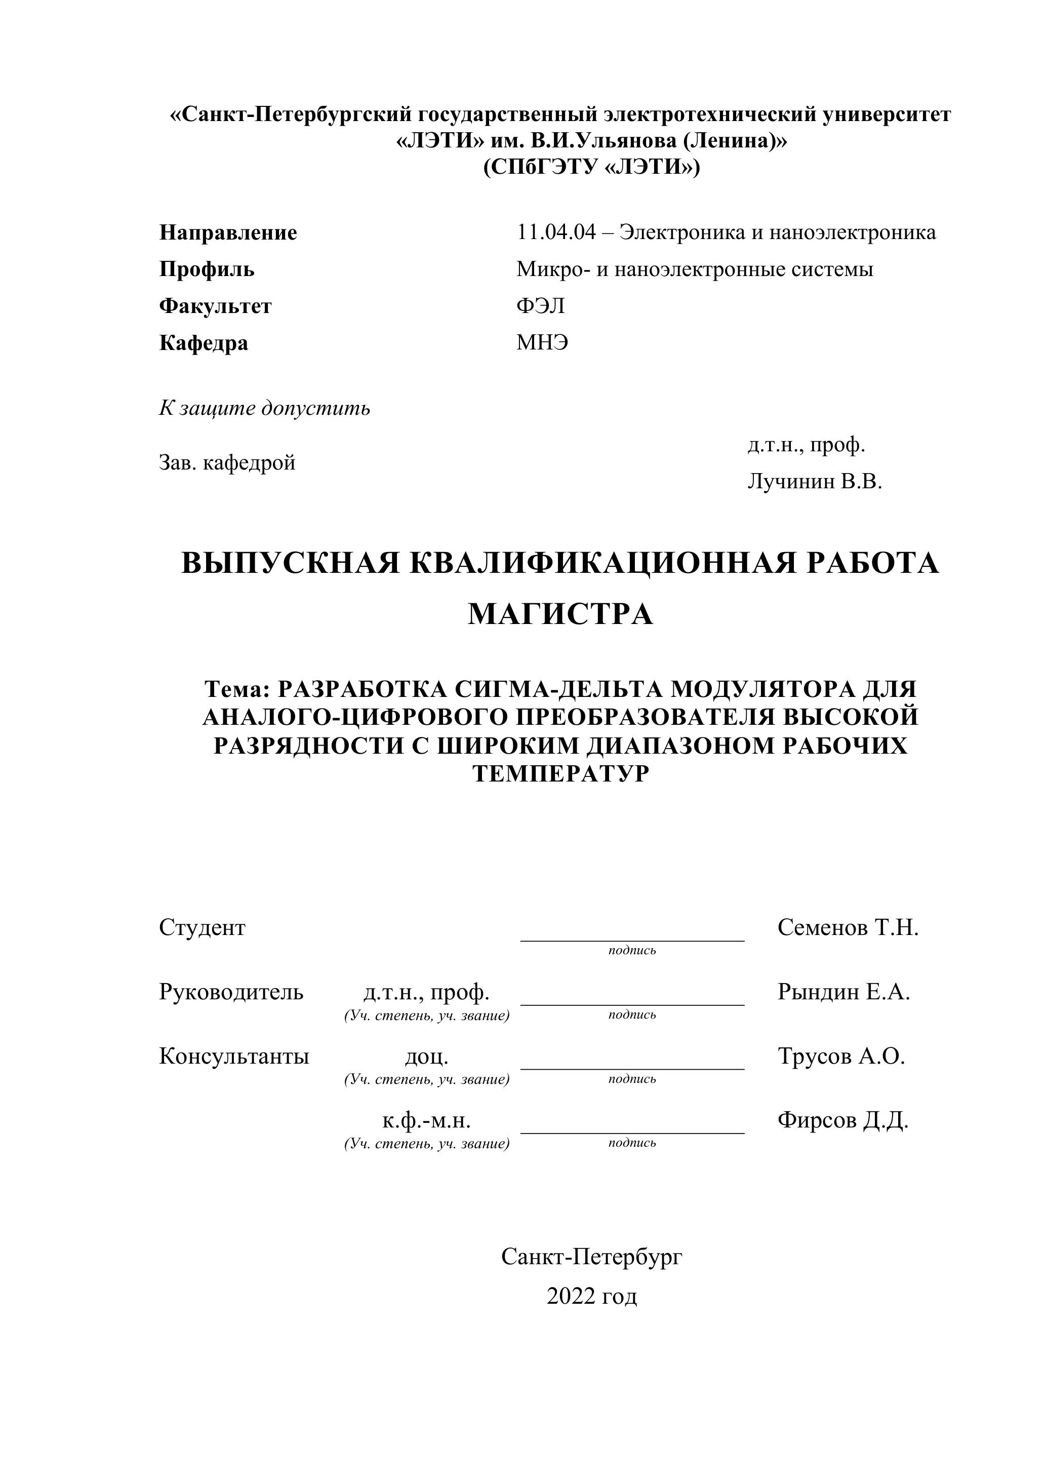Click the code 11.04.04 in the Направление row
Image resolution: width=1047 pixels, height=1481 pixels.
click(556, 232)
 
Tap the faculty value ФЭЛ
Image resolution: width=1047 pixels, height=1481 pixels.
click(540, 306)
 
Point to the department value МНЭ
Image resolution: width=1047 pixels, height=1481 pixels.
click(542, 342)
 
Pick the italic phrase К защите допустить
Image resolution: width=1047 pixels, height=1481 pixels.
click(264, 408)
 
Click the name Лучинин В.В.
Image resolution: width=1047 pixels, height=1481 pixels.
click(814, 481)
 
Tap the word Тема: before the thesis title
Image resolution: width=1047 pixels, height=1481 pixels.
click(236, 689)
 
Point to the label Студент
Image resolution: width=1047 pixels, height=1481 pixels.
click(202, 927)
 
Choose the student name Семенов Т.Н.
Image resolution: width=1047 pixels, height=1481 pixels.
click(847, 927)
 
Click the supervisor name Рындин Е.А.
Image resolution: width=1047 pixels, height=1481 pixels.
click(843, 991)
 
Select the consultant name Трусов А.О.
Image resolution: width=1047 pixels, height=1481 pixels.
click(841, 1056)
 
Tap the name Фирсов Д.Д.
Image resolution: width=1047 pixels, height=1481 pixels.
click(842, 1120)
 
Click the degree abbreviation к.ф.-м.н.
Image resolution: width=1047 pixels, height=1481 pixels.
click(426, 1121)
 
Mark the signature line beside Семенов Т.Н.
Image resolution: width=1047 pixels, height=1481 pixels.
click(632, 940)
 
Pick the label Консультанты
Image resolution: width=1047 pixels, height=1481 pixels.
click(234, 1056)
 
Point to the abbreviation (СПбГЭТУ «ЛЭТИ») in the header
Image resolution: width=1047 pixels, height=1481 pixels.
click(591, 167)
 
